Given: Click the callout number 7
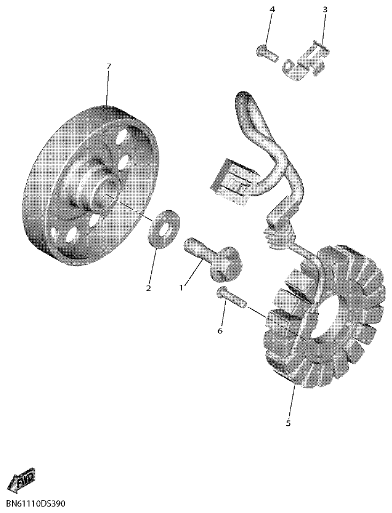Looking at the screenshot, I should pos(109,66).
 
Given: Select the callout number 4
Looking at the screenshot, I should pos(272,10).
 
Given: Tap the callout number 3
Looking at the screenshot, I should pos(325,10).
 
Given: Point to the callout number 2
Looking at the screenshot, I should pos(148,288).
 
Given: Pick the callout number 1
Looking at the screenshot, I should pos(181,288).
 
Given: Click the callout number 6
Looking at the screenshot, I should pos(220,331).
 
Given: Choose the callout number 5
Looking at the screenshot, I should pos(288,424).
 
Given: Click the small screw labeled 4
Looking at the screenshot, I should pos(264,52).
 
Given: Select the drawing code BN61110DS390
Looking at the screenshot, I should pos(37,504).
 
